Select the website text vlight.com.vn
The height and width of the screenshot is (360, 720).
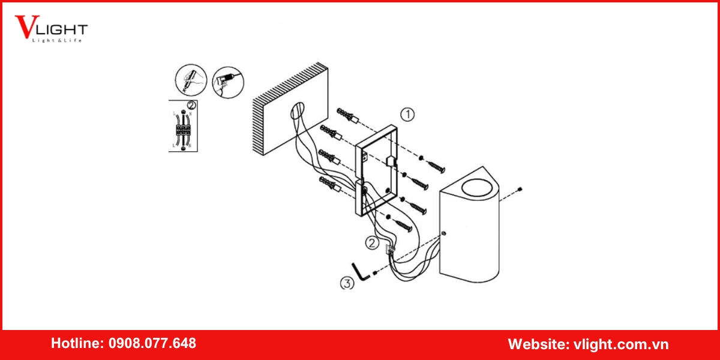pos(620,344)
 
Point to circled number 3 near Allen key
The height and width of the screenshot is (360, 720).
pos(347,283)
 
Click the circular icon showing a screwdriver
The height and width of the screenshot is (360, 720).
pos(191,80)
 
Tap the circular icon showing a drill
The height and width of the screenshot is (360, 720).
pos(229,80)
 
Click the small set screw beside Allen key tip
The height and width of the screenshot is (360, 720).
pos(374,274)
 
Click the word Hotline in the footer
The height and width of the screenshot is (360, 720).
pos(77,344)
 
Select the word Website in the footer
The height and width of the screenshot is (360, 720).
pos(536,344)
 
